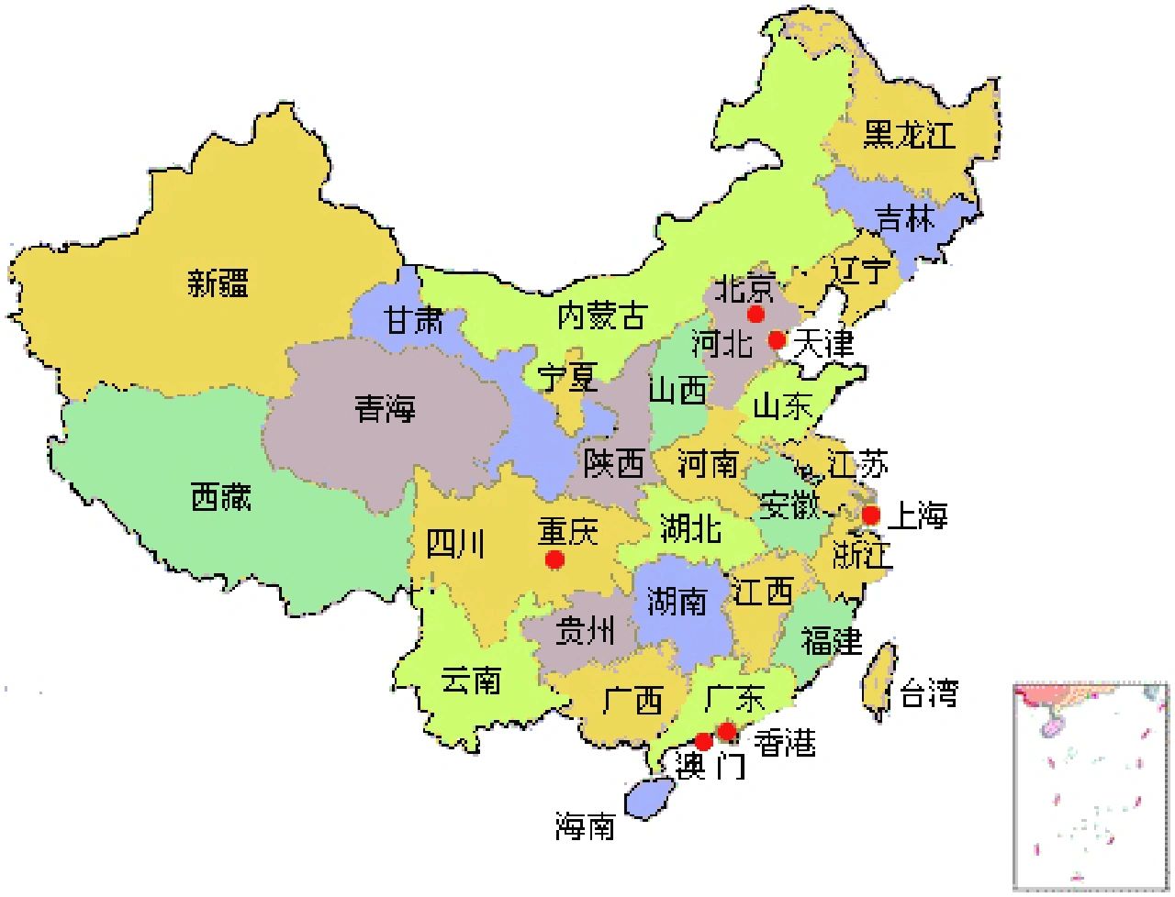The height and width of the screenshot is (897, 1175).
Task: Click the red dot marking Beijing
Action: [755, 315]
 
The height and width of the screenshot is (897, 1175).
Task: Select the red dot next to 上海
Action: [870, 515]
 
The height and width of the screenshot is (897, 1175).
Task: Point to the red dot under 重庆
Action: [554, 559]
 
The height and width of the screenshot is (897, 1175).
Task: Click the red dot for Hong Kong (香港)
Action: [726, 731]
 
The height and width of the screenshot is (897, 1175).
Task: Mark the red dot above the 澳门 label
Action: [703, 741]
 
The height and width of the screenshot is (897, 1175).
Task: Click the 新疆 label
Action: [218, 282]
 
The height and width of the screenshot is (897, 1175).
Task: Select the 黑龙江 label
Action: [909, 135]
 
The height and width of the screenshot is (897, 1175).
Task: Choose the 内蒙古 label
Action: [601, 316]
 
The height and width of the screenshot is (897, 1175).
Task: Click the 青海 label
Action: [386, 408]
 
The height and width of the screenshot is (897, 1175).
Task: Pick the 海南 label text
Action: [585, 826]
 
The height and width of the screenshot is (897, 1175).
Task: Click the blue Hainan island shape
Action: [650, 796]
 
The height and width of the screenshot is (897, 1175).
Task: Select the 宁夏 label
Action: [567, 377]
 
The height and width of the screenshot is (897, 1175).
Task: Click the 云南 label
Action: [470, 680]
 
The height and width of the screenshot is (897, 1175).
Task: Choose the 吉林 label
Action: [904, 219]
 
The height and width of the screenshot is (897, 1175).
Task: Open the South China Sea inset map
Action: [1091, 784]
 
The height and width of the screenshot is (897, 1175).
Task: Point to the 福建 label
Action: [832, 639]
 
